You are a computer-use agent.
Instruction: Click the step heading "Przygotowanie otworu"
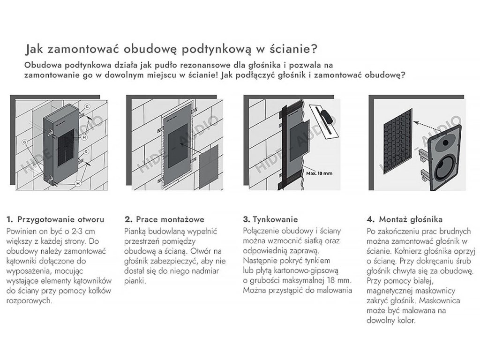click(x=60, y=219)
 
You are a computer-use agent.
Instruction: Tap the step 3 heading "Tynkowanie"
click(x=275, y=219)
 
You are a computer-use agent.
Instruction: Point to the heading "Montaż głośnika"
click(x=411, y=219)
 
